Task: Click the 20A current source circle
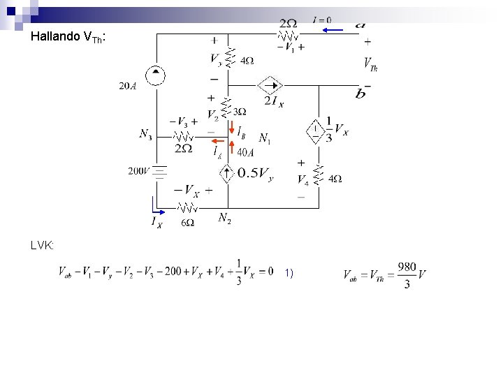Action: coord(154,75)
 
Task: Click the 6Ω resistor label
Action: coord(187,223)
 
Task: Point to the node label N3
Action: coord(145,133)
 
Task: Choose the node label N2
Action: coord(224,219)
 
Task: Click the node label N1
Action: coord(265,138)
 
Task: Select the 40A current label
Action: coord(245,152)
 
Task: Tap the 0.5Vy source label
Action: coord(256,174)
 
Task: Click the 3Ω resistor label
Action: coord(239,112)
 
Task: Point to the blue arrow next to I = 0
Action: coord(333,30)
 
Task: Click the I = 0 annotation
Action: coord(322,20)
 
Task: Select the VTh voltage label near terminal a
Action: coord(370,64)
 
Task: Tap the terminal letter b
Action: coord(360,94)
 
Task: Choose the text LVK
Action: coord(43,245)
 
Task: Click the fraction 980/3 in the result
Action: coord(407,275)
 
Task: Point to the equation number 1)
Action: coord(289,272)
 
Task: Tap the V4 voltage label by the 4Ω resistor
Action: coord(302,180)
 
